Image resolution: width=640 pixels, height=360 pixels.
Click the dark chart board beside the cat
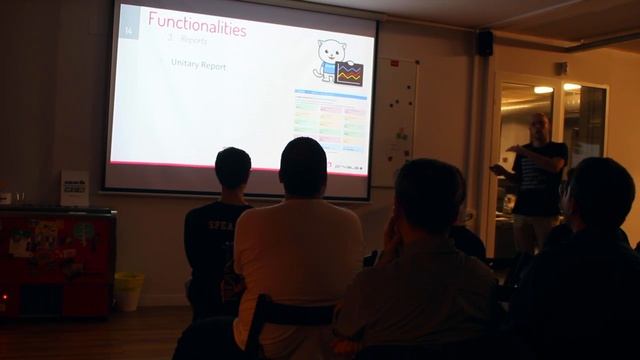tap(348, 72)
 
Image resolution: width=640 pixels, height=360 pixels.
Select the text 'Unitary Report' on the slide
tap(198, 66)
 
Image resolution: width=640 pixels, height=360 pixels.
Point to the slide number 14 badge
tap(128, 31)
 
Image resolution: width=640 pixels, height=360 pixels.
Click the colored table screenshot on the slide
tap(330, 119)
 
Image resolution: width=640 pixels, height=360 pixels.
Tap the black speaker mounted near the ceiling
tap(484, 42)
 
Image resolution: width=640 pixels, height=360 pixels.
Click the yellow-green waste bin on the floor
tap(128, 291)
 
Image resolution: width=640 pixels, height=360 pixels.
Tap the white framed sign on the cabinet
tap(75, 187)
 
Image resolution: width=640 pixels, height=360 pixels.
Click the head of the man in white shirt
tap(303, 166)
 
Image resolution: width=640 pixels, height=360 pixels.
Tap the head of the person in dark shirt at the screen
tap(233, 168)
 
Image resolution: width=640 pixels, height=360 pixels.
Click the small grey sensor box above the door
tap(561, 68)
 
